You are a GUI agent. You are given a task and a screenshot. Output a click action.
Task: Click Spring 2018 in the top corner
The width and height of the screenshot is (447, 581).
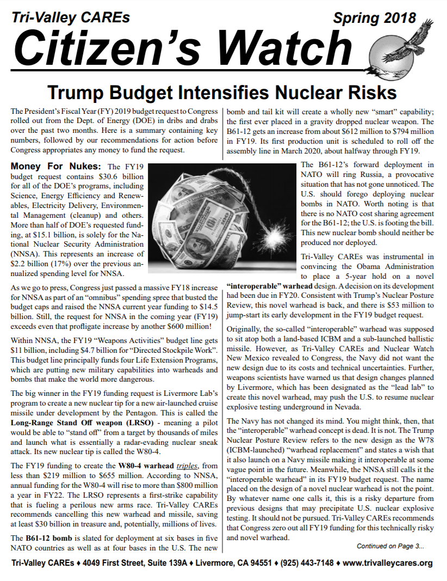tap(374, 19)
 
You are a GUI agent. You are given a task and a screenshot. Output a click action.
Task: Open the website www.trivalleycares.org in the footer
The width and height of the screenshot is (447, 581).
tap(388, 563)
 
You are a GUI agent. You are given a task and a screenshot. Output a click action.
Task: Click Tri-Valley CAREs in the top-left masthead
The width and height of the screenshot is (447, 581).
tap(71, 17)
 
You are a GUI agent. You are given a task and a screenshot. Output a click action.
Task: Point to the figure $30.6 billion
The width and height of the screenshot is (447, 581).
tap(102, 176)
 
